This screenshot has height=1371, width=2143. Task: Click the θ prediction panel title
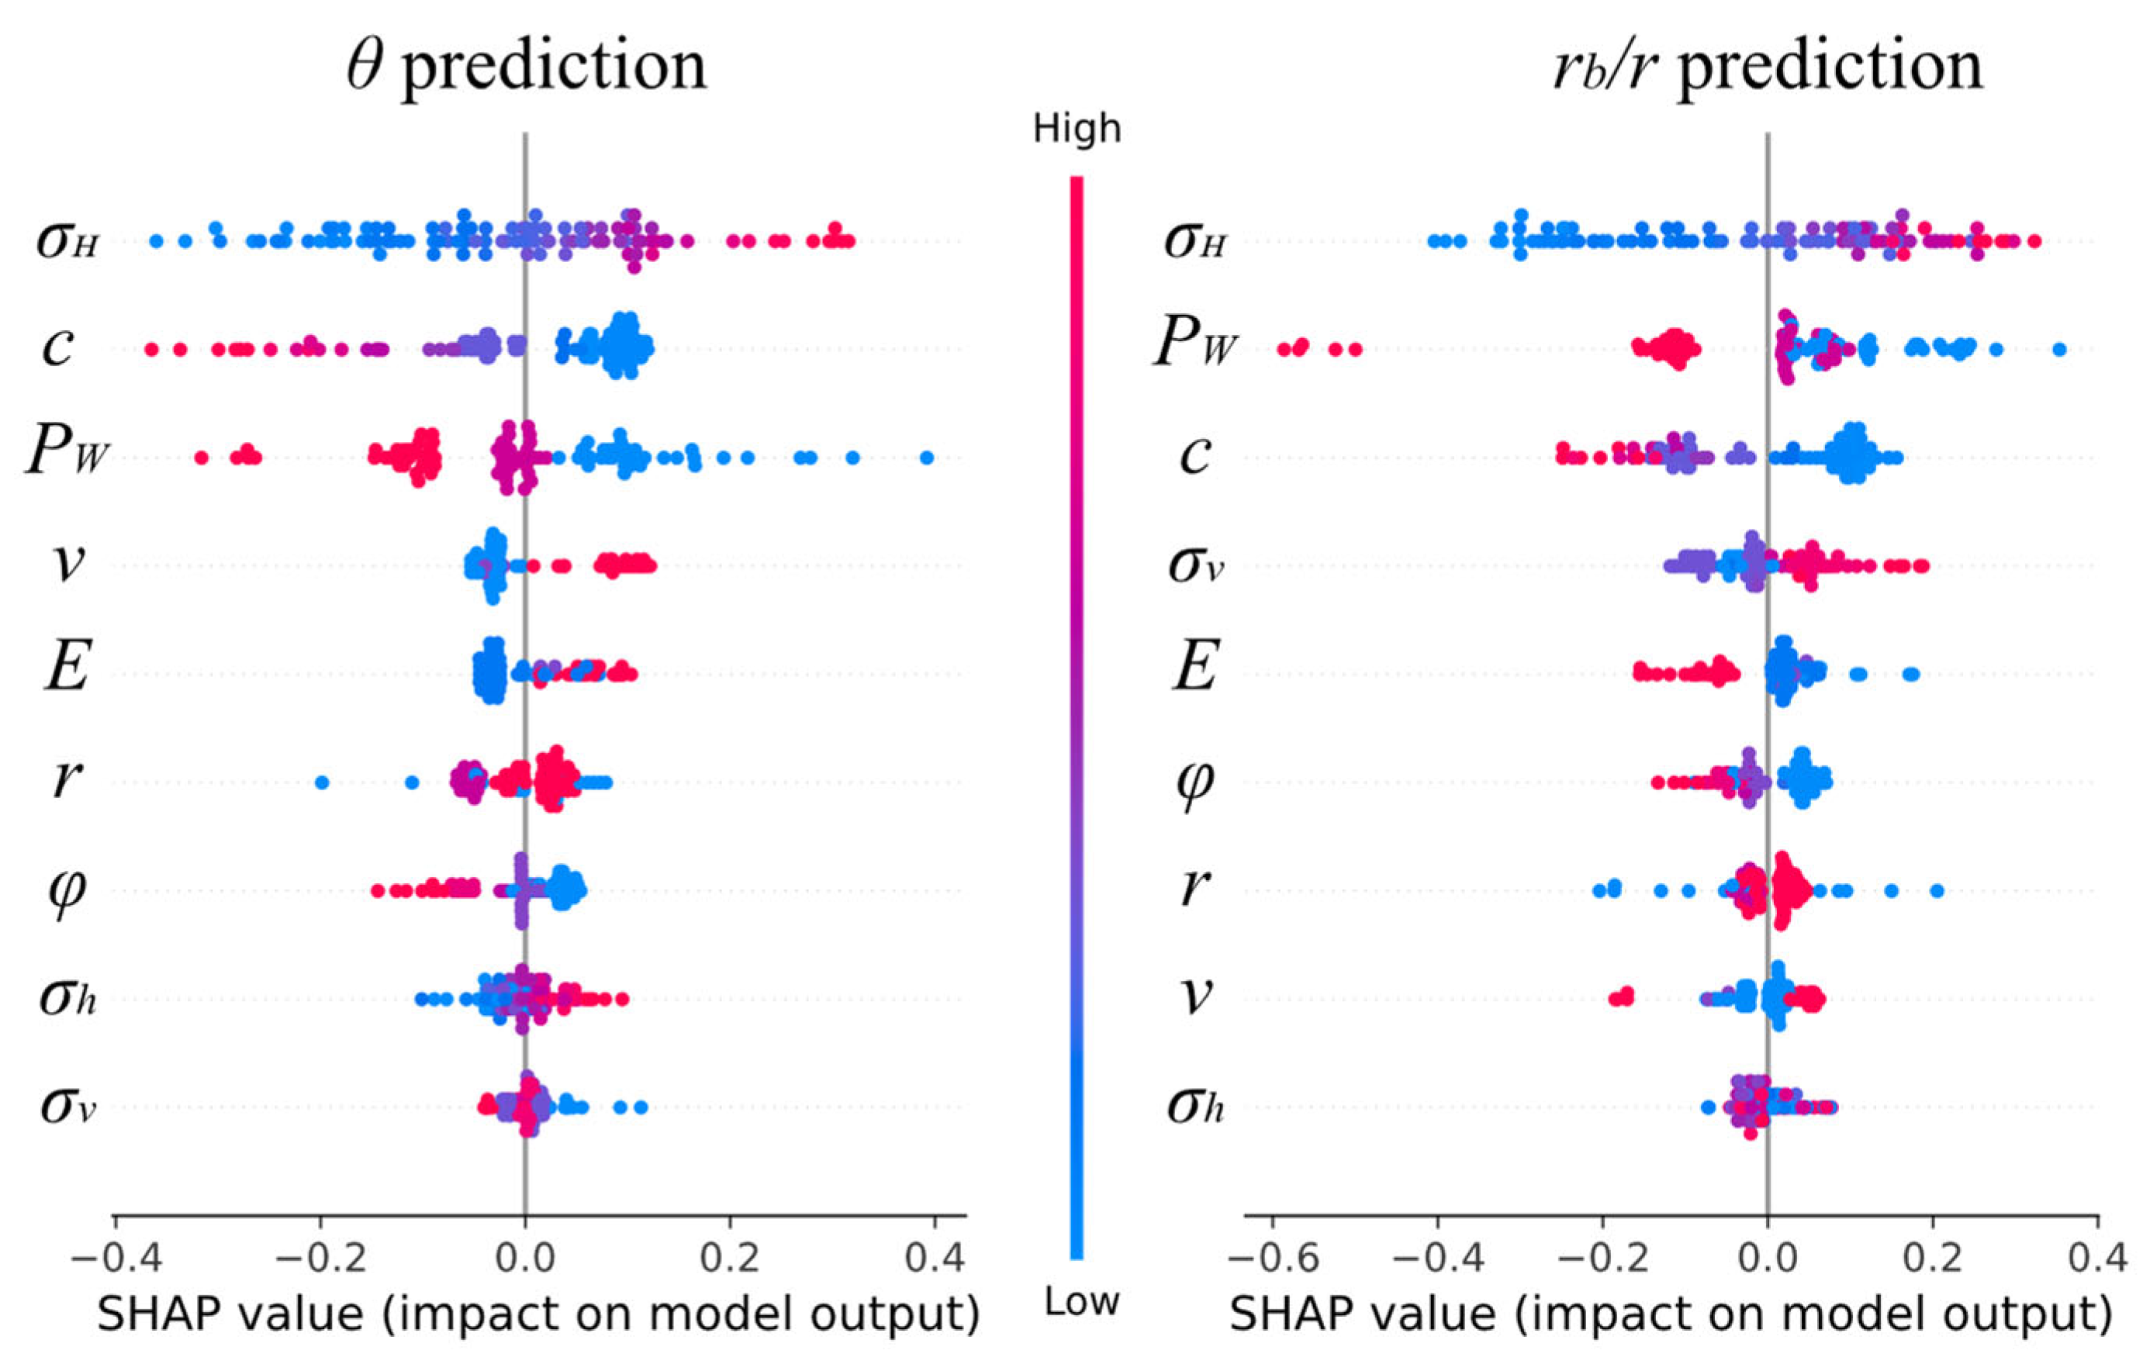[x=527, y=66]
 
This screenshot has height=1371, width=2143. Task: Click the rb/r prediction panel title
[x=1768, y=66]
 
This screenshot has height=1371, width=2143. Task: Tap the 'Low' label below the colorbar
[x=1081, y=1303]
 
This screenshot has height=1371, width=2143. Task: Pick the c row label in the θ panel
[x=58, y=347]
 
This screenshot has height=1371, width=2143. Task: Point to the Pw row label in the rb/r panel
[x=1194, y=344]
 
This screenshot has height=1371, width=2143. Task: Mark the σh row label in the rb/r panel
[x=1194, y=1107]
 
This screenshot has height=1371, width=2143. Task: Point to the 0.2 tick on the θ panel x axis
[x=729, y=1258]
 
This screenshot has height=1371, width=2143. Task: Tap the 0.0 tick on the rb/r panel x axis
[x=1768, y=1258]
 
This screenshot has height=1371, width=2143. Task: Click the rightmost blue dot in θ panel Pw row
[x=926, y=458]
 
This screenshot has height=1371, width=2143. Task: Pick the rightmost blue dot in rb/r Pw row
[x=2058, y=349]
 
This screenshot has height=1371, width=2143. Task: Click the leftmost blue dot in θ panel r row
[x=323, y=782]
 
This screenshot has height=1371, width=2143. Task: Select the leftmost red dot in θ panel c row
[x=151, y=349]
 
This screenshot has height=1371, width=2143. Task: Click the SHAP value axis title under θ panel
[x=537, y=1315]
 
